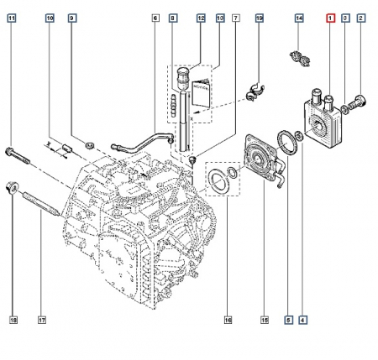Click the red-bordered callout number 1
[x=330, y=18]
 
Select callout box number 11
[x=12, y=18]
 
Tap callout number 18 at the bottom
[x=13, y=320]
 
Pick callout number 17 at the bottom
[x=41, y=320]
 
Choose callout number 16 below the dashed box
[x=228, y=320]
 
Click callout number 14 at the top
[x=299, y=18]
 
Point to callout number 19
[x=260, y=18]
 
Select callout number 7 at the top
[x=236, y=18]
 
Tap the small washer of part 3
[x=345, y=110]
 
